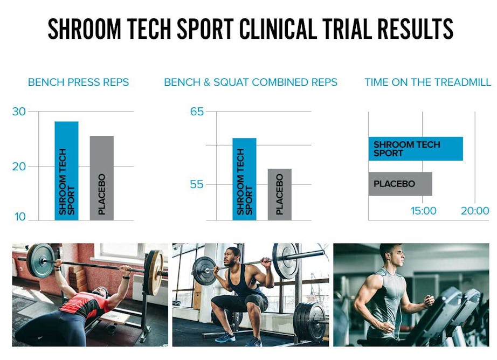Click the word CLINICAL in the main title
278,29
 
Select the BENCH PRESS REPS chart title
78,82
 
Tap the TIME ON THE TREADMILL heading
427,82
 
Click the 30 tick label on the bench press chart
19,112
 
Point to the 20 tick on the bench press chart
19,167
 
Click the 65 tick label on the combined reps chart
197,112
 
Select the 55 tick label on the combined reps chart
197,184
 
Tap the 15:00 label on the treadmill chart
424,210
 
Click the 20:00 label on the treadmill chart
475,210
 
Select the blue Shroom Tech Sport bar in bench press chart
66,171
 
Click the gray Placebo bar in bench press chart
102,178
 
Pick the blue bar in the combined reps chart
244,179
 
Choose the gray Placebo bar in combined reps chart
280,195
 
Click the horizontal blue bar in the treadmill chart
416,149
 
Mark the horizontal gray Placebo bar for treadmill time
401,184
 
